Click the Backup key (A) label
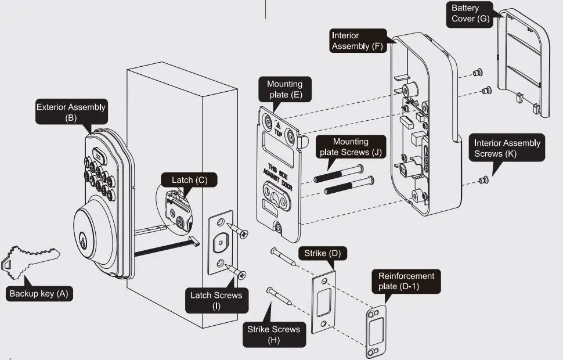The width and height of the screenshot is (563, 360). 39,293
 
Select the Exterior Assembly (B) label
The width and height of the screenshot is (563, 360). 71,112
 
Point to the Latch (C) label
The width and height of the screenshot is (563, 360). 189,180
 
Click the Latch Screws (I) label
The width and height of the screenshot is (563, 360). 216,301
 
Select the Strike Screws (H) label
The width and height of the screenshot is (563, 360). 273,334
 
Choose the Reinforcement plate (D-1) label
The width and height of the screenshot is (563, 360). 406,282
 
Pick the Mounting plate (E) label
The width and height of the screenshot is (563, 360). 284,90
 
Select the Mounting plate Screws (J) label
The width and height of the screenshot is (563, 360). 351,147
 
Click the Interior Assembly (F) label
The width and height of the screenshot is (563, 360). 358,41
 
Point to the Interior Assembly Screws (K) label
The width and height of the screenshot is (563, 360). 507,149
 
